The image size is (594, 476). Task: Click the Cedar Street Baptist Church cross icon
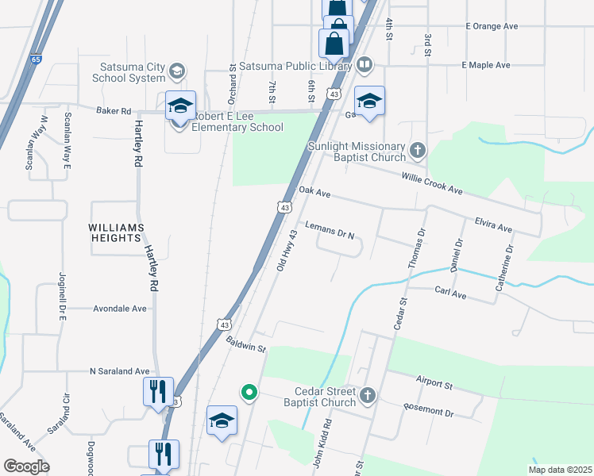367,394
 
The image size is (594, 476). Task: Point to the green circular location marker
249,392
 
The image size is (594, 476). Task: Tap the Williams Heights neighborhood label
116,227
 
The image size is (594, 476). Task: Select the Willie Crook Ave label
432,185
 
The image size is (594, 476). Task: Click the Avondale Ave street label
120,308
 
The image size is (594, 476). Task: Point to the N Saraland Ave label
119,370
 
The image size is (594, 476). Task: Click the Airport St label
434,384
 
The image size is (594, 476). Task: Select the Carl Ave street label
450,292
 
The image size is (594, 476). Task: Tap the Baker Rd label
113,111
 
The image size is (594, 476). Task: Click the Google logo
26,466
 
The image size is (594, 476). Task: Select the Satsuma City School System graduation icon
177,72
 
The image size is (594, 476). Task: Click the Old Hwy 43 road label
286,251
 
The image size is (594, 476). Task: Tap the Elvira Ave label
493,226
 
